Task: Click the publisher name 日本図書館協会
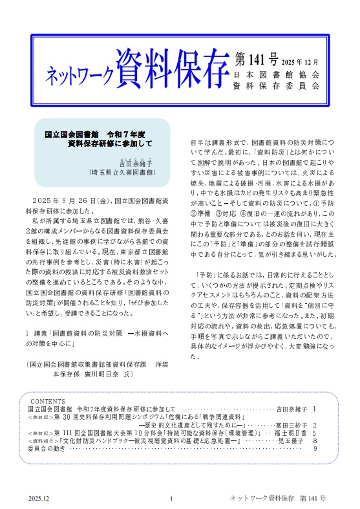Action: coord(276,74)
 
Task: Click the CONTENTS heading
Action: coord(48,401)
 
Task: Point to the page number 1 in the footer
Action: coord(171,499)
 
